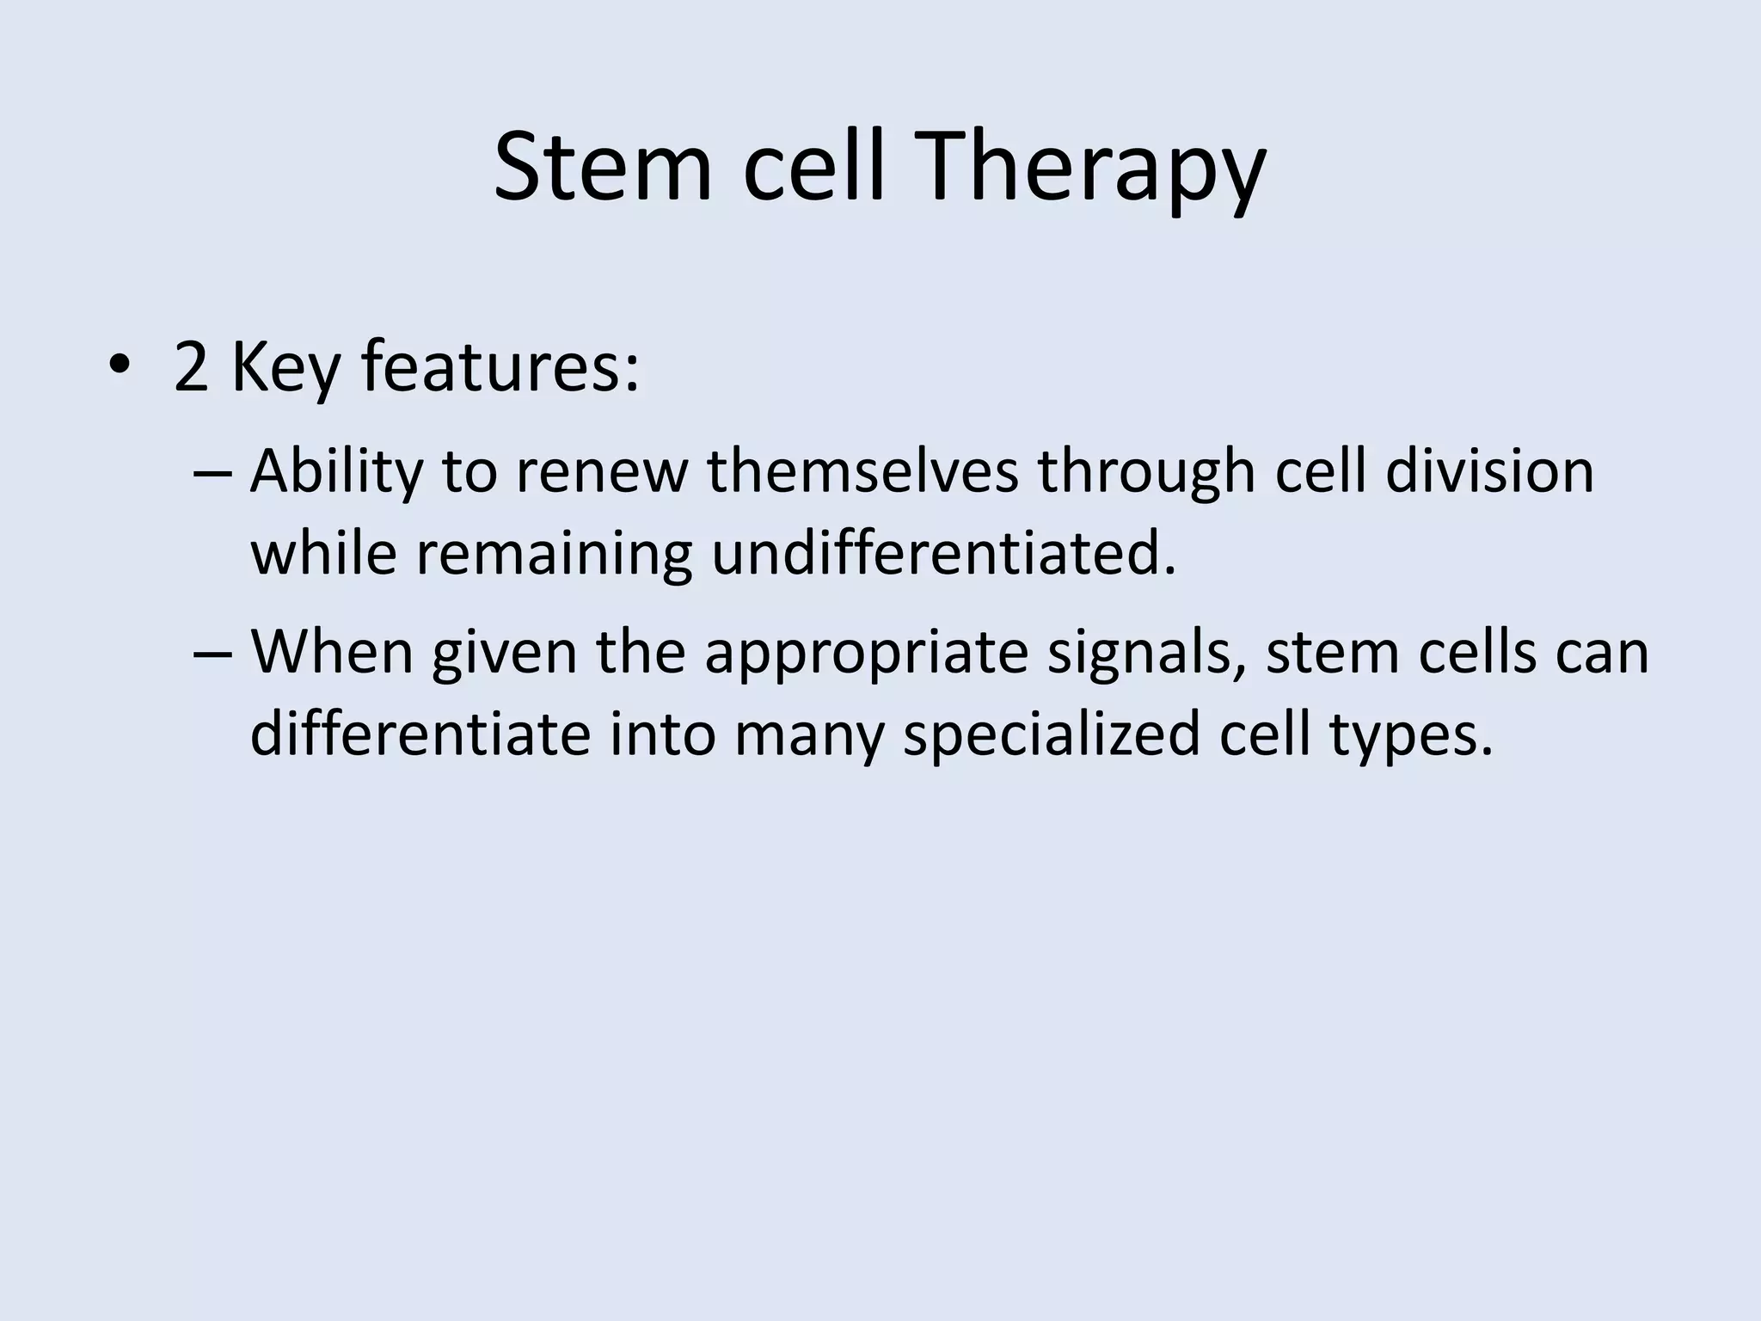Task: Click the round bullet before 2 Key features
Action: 120,367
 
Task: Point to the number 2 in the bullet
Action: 191,367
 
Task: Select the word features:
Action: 500,367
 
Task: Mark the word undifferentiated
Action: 943,553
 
